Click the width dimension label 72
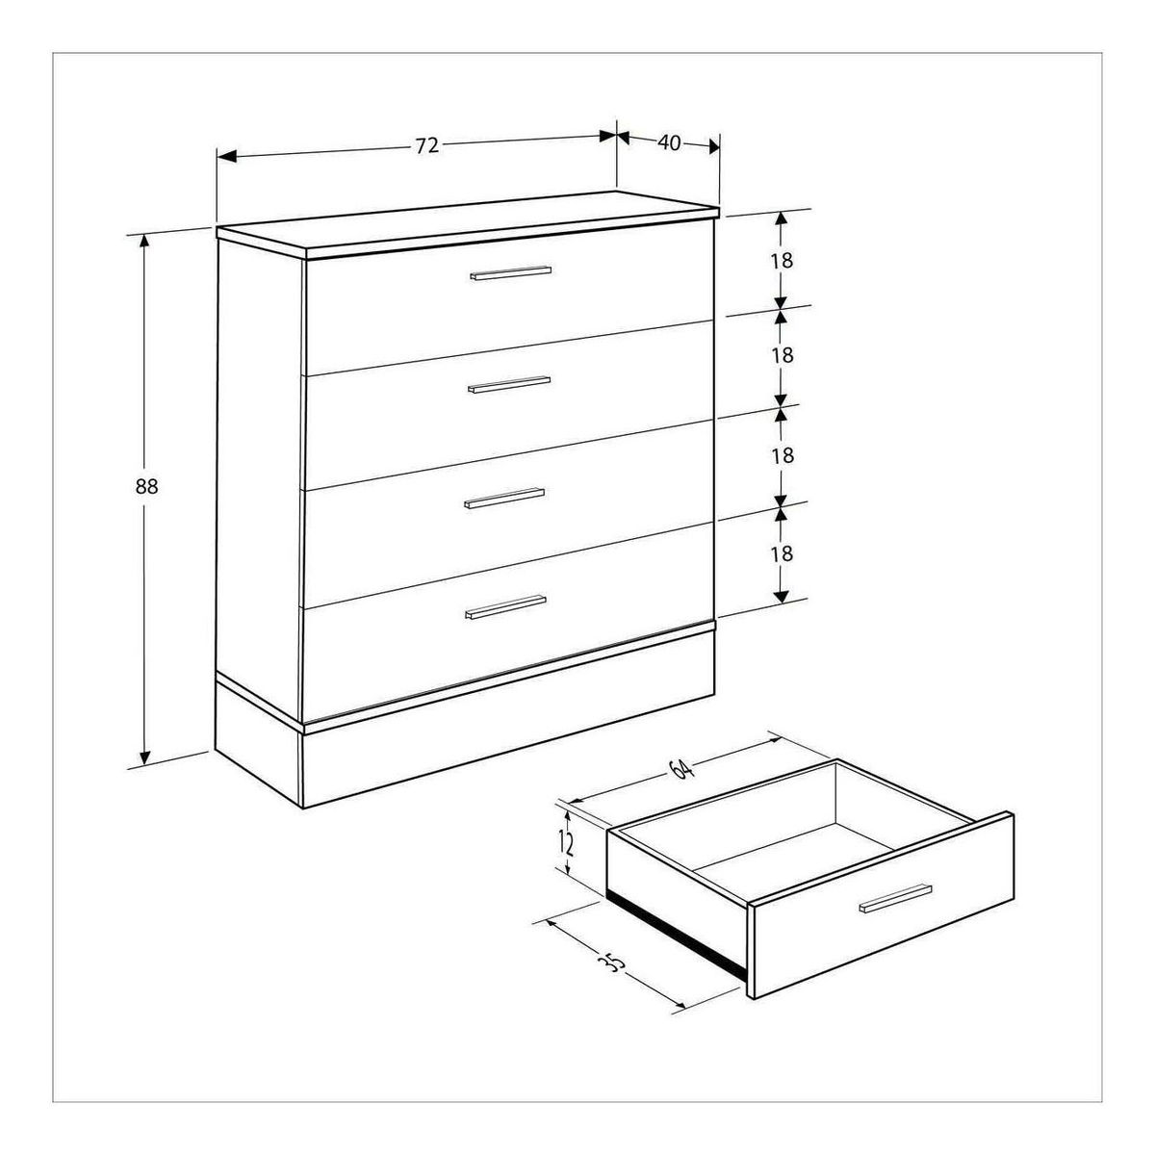(427, 145)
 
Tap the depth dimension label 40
(670, 142)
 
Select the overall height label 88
(146, 486)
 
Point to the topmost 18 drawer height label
(783, 261)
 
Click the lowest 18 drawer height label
(783, 553)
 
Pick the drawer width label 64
(681, 769)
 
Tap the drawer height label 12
(566, 843)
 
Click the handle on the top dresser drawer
(510, 272)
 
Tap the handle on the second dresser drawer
(508, 385)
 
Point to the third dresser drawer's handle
(504, 498)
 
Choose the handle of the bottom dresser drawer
(505, 606)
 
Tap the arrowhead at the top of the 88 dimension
(143, 241)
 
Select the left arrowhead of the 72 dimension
(227, 157)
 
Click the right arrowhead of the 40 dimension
(714, 146)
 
